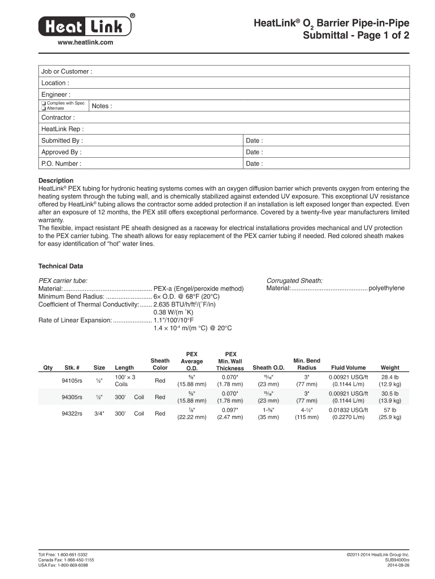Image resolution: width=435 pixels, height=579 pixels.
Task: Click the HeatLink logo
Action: [88, 25]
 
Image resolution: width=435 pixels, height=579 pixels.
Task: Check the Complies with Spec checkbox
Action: [43, 103]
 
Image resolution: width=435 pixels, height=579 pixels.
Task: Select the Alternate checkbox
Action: [43, 109]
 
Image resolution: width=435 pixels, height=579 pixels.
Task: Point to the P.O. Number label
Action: [61, 164]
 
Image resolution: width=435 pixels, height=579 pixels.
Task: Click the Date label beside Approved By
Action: [254, 152]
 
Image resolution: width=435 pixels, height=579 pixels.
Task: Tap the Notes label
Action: [102, 106]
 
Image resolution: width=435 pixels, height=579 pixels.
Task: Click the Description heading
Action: [55, 181]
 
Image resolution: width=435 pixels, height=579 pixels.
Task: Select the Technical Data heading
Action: [60, 266]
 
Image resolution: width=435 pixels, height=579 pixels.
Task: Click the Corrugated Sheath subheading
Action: [294, 280]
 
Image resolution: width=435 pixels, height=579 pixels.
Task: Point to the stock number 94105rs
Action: [72, 381]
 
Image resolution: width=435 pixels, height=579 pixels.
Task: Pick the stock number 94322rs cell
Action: [72, 413]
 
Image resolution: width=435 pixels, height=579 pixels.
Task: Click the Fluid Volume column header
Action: [349, 368]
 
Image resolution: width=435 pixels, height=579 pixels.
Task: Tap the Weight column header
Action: [390, 368]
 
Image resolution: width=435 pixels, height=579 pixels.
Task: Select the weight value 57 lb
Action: [390, 409]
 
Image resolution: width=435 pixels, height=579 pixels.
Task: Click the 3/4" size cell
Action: [99, 413]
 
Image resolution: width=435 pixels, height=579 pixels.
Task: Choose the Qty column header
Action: [48, 368]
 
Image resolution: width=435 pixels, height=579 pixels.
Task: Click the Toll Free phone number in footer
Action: [63, 555]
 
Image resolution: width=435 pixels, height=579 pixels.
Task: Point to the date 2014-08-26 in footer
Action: [398, 565]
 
